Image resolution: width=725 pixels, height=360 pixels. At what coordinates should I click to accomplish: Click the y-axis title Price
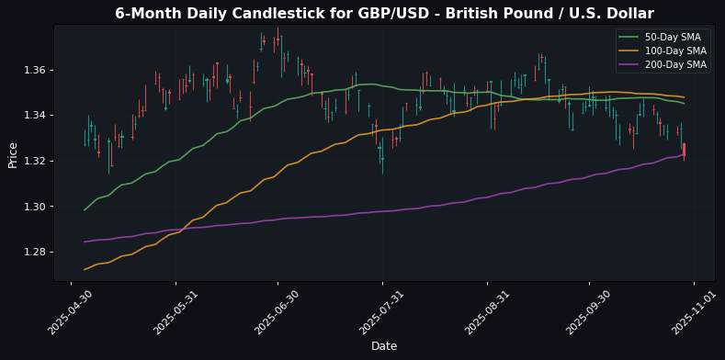click(x=13, y=154)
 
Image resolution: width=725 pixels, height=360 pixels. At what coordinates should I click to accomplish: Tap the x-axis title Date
click(x=384, y=345)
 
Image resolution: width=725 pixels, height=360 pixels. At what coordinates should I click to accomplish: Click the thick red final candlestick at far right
click(x=684, y=151)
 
